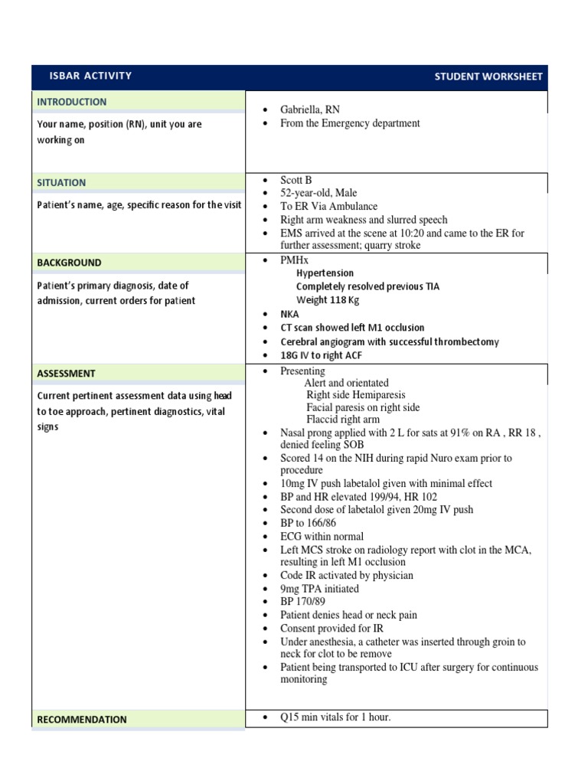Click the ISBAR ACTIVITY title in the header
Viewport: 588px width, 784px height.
(x=90, y=76)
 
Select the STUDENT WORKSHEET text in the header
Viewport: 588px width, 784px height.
(x=488, y=77)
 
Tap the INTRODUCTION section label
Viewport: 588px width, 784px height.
(x=72, y=102)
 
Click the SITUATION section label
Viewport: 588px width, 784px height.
(x=62, y=183)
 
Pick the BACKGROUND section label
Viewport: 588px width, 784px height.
(x=69, y=263)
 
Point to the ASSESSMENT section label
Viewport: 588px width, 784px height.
(x=67, y=374)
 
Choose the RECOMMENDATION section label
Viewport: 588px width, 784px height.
(x=82, y=720)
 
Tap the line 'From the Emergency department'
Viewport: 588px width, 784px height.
(x=350, y=122)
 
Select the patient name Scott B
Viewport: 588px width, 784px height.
(x=296, y=180)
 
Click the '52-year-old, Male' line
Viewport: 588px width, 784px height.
(x=318, y=193)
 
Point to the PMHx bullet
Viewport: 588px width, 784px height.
(x=295, y=261)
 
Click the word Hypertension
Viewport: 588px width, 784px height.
(x=325, y=273)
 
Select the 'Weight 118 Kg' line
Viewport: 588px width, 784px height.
(x=328, y=300)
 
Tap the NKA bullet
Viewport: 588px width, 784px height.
(x=289, y=315)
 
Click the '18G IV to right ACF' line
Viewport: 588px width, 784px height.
(x=322, y=356)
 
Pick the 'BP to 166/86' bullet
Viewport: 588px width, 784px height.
(x=308, y=523)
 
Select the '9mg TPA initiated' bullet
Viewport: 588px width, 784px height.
(x=319, y=589)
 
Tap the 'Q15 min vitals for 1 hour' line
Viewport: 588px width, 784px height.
(x=335, y=717)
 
